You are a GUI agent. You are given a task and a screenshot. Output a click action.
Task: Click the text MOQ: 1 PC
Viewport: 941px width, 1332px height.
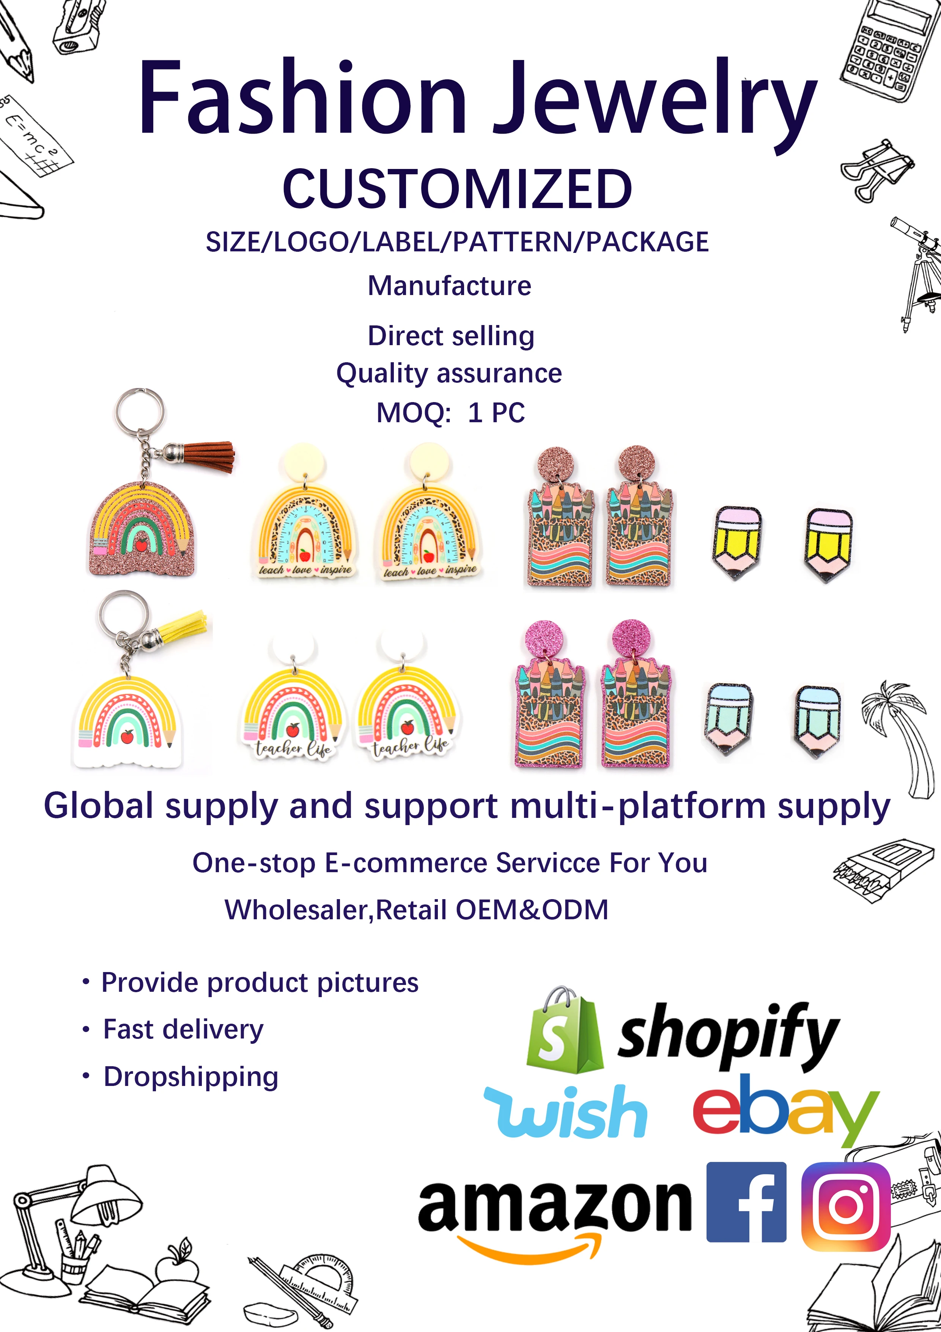(x=450, y=413)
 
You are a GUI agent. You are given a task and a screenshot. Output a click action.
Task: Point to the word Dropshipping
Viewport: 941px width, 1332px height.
(x=191, y=1077)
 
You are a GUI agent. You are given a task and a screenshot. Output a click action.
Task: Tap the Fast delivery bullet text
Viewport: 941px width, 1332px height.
(x=183, y=1030)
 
